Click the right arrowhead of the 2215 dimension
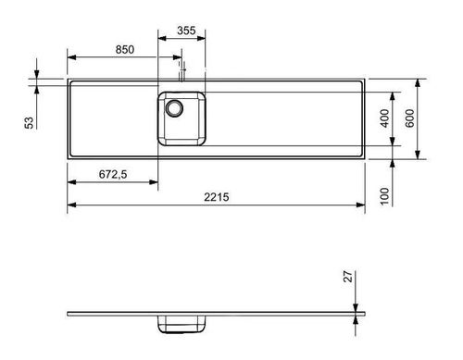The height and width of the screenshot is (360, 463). click(x=364, y=204)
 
